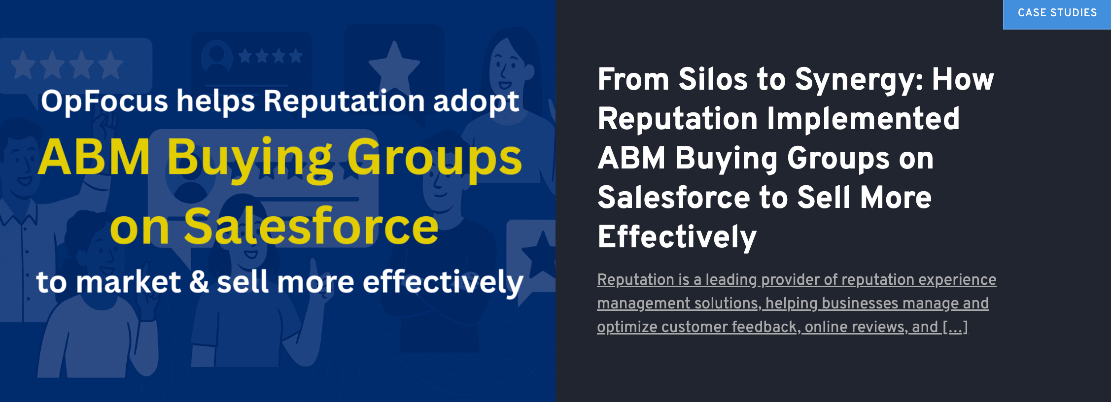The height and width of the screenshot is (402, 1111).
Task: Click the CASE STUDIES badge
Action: pos(1057,13)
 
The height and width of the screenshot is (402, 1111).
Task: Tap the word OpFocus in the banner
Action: pos(104,101)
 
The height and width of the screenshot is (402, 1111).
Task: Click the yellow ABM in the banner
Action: pos(94,158)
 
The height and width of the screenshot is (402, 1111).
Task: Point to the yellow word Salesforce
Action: pos(311,227)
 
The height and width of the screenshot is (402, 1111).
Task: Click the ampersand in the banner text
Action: pos(199,282)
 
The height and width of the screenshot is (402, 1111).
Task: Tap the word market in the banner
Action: pos(129,282)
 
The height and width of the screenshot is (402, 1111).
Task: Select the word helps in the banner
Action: pos(216,101)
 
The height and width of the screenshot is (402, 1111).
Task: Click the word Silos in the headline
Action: pos(713,79)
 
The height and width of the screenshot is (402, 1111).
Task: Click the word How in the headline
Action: pos(963,79)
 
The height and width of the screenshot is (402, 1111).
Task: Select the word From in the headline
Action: pos(633,79)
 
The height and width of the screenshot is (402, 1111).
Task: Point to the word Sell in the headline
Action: pos(824,198)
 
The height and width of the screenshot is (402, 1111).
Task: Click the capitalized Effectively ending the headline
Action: pos(677,237)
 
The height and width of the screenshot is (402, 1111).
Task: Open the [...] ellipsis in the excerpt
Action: pos(955,327)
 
